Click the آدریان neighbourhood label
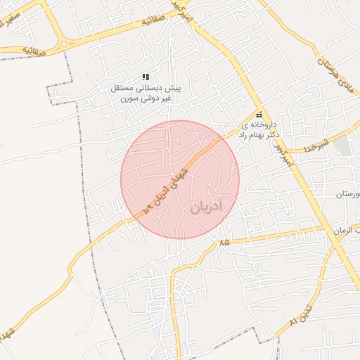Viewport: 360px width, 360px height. (x=205, y=207)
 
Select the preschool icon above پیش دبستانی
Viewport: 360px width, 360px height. (x=146, y=77)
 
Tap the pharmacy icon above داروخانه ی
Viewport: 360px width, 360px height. (x=259, y=115)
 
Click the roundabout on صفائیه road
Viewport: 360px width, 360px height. (x=64, y=44)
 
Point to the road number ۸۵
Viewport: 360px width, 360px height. (x=224, y=242)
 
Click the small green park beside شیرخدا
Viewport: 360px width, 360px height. (x=342, y=146)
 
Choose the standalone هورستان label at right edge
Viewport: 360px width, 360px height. (x=347, y=193)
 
